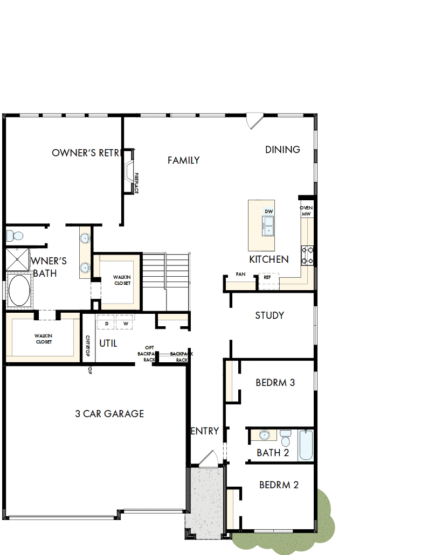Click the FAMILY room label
tap(183, 160)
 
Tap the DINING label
tap(282, 150)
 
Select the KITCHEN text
tap(268, 259)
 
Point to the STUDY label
tap(270, 315)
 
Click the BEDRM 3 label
tap(275, 383)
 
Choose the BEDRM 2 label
tap(279, 485)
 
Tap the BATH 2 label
tap(273, 453)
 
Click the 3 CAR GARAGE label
tap(109, 414)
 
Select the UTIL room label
tap(108, 343)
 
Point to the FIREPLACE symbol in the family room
tap(129, 171)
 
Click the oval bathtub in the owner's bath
tap(19, 291)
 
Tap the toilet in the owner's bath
tap(15, 236)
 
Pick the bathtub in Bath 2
tap(306, 445)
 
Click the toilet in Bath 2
tap(285, 438)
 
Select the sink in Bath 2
tap(264, 435)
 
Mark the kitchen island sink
tap(268, 225)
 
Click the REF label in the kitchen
tap(267, 277)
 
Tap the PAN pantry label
tap(240, 275)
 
